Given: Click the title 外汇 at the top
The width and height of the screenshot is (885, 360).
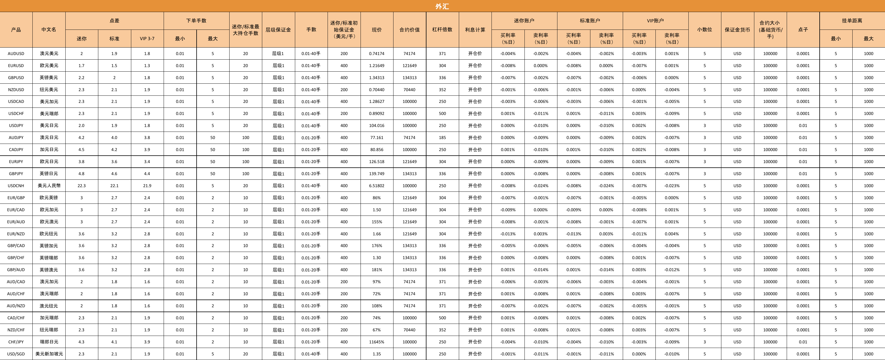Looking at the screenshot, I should tap(442, 6).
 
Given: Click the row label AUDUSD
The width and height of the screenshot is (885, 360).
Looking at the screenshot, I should tap(16, 54).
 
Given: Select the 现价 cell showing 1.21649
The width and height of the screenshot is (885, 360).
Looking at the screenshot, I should tap(377, 66).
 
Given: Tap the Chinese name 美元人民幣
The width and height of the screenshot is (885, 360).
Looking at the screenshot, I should tap(49, 185).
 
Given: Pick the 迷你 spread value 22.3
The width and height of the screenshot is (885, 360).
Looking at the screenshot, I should tap(81, 185).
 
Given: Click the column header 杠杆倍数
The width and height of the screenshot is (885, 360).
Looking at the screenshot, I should tap(442, 30).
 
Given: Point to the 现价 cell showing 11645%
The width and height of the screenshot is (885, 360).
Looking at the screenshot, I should tap(377, 342).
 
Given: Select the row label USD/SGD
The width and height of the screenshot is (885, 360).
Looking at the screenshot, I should tap(16, 354).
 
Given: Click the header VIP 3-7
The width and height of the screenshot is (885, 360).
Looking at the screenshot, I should tap(147, 38).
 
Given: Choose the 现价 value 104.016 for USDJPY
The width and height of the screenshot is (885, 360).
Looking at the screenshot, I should tap(377, 125).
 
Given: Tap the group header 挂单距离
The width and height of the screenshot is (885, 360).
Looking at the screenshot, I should tap(852, 21).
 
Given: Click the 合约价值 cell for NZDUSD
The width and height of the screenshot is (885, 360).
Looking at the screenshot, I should tap(409, 90).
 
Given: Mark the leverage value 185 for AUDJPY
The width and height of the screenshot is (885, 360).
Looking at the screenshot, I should tap(442, 137).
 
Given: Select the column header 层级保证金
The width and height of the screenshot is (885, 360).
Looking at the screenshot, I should tap(278, 30).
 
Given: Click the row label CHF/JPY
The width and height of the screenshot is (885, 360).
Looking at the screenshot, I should tap(16, 342).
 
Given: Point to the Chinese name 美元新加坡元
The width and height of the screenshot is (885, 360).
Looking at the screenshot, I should tap(49, 354).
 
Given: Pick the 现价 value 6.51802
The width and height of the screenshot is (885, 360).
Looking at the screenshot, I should tap(377, 185).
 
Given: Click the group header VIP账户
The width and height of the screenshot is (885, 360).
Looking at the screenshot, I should tap(655, 21).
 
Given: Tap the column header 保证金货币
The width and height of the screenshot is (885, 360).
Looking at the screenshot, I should tap(737, 30).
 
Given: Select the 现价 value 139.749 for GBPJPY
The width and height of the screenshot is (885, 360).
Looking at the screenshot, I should tap(377, 173).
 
